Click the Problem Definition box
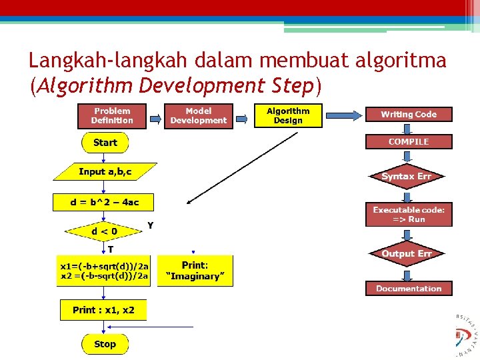(x=112, y=115)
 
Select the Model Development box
(x=198, y=115)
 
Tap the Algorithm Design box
(x=288, y=115)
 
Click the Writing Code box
(x=409, y=115)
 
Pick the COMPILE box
(x=409, y=141)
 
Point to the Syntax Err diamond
(x=406, y=177)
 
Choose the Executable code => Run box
(x=409, y=214)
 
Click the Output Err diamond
(x=406, y=253)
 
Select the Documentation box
(x=409, y=289)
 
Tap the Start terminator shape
(x=105, y=143)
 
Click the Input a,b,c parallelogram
(x=105, y=172)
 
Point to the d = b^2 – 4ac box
(x=103, y=202)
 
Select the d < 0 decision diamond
(x=104, y=231)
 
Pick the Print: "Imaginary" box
(x=195, y=271)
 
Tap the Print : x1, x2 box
(x=103, y=310)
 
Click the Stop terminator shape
(x=105, y=344)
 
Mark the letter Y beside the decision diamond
(x=151, y=225)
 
